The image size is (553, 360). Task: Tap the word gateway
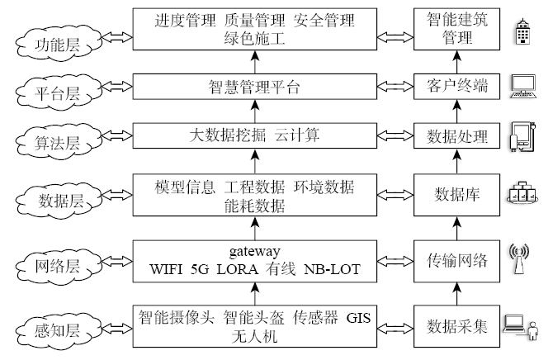254,250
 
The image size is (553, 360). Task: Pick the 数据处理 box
456,135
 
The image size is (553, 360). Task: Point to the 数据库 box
456,195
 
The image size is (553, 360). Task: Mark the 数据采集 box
456,324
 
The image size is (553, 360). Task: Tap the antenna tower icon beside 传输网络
520,259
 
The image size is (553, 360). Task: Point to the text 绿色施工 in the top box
254,38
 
